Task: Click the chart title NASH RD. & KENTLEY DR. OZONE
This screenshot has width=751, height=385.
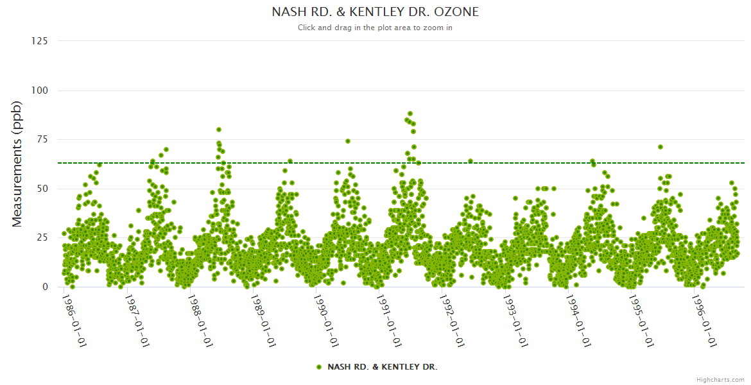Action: coord(375,12)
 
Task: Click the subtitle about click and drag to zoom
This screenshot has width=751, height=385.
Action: coord(375,28)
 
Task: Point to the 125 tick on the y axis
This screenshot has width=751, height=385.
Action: coord(39,41)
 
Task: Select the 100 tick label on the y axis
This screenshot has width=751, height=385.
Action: coord(39,90)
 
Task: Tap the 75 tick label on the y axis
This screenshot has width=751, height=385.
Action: coord(42,140)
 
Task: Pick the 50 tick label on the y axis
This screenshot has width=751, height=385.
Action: coord(42,189)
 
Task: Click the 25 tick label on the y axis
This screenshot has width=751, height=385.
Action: coord(42,238)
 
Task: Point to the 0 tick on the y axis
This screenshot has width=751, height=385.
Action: coord(45,287)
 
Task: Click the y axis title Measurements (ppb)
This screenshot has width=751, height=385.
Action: coord(17,164)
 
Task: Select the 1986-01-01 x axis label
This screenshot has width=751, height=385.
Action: coord(74,320)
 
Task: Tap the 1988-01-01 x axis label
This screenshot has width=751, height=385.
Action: coord(200,320)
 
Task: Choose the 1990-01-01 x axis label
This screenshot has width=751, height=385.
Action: coord(327,320)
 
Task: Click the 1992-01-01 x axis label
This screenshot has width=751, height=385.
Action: coord(453,320)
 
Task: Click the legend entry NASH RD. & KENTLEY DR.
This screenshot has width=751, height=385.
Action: coord(377,367)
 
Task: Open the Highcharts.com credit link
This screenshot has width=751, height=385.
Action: coord(720,379)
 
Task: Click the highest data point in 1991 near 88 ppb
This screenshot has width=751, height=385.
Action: coord(410,114)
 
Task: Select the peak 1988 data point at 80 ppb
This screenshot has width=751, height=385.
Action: coord(219,130)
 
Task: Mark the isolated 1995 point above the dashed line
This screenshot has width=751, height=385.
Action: coord(660,147)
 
